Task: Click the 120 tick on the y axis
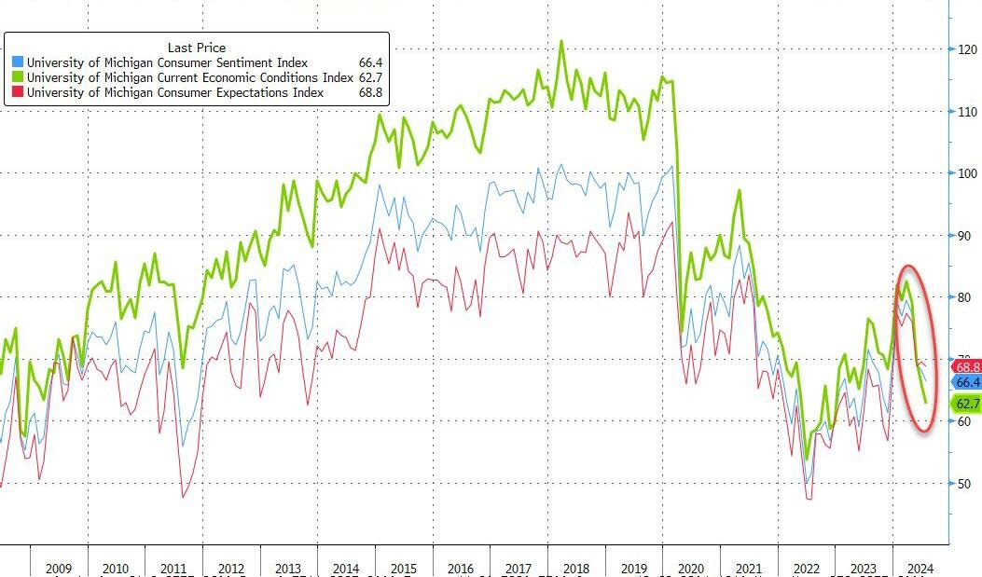click(968, 49)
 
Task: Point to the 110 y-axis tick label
click(968, 111)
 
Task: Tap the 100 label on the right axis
click(968, 173)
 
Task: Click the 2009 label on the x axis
click(58, 569)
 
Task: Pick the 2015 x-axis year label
click(403, 569)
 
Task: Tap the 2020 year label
click(690, 569)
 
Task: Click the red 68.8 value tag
click(966, 367)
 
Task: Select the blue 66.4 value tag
click(966, 382)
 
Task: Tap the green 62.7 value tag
click(966, 404)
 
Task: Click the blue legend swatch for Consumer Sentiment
click(17, 62)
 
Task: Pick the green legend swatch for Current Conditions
click(17, 77)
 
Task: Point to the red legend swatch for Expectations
click(17, 92)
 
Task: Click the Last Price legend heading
click(196, 48)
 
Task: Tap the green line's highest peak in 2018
click(561, 41)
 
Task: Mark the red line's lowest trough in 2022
click(809, 499)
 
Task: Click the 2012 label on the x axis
click(230, 569)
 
